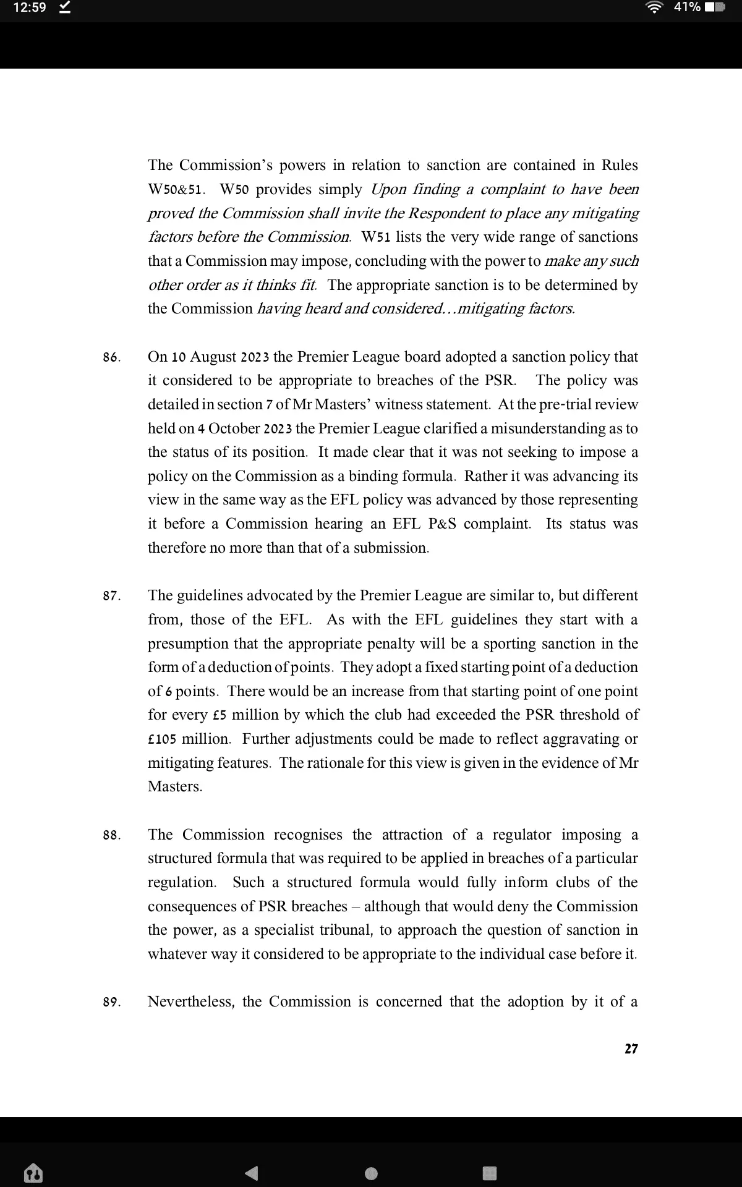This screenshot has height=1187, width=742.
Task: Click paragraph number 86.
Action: tap(111, 358)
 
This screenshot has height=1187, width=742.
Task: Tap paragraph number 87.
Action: tap(111, 597)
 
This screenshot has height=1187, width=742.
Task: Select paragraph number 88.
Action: tap(111, 836)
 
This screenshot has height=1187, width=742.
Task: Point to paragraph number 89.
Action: tap(111, 1003)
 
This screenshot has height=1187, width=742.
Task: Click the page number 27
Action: tap(631, 1049)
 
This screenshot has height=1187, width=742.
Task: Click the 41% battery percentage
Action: tap(687, 8)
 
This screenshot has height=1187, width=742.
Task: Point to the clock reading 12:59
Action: tap(30, 8)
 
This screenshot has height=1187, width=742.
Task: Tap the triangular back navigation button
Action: tap(251, 1173)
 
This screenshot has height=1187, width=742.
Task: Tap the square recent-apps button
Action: tap(489, 1173)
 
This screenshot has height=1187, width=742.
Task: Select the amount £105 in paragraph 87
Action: tap(162, 739)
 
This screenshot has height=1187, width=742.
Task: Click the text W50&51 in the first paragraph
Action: tap(176, 190)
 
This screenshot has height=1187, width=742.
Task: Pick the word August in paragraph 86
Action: tap(213, 357)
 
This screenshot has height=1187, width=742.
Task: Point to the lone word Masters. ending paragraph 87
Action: tap(175, 787)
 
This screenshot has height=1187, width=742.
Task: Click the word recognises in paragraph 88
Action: tap(308, 835)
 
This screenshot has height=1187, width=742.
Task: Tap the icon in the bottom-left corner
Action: tap(32, 1172)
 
